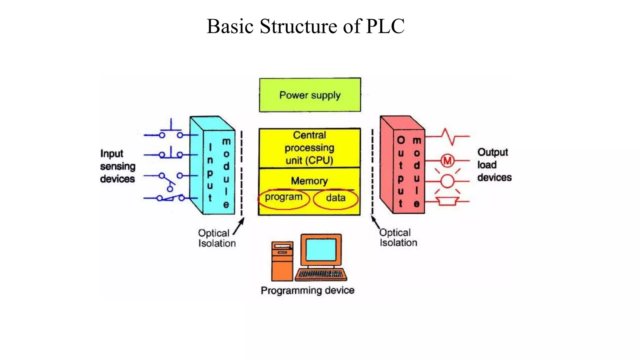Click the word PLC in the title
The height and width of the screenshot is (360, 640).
pyautogui.click(x=385, y=26)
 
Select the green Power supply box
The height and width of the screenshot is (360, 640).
pyautogui.click(x=310, y=95)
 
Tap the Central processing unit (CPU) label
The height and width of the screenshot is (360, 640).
pyautogui.click(x=309, y=148)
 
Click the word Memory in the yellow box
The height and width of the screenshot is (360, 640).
pyautogui.click(x=309, y=181)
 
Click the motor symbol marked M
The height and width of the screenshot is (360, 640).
pyautogui.click(x=447, y=161)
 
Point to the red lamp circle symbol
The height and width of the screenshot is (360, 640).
pyautogui.click(x=447, y=181)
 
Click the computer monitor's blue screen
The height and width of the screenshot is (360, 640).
pyautogui.click(x=321, y=250)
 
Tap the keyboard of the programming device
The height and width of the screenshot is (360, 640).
pyautogui.click(x=321, y=274)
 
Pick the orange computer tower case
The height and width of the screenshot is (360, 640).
pyautogui.click(x=282, y=261)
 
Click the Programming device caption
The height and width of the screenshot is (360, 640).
pyautogui.click(x=307, y=290)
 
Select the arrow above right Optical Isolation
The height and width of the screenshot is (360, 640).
pyautogui.click(x=375, y=222)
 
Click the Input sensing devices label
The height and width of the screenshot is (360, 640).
pyautogui.click(x=117, y=166)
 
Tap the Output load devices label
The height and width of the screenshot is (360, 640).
pyautogui.click(x=494, y=165)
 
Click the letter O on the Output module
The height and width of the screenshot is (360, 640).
pyautogui.click(x=401, y=140)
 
